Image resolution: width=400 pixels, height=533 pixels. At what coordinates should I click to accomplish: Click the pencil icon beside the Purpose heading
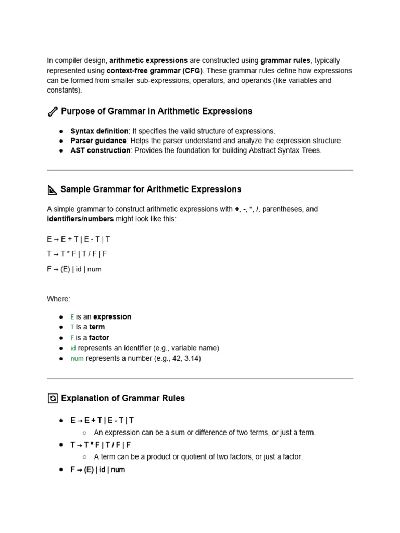[x=53, y=111]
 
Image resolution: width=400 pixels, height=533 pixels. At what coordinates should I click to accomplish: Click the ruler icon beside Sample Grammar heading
[x=52, y=190]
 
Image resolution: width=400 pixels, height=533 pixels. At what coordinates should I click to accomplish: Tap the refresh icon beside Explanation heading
[x=53, y=399]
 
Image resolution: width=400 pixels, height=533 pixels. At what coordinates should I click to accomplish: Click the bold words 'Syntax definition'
[x=99, y=131]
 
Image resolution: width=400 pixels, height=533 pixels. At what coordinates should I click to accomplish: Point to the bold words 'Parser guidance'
[x=98, y=141]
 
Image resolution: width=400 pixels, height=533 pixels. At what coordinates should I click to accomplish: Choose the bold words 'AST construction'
[x=101, y=151]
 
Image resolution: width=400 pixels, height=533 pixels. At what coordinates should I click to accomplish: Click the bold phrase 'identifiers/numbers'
[x=80, y=219]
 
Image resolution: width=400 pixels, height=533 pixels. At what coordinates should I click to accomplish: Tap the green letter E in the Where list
[x=72, y=317]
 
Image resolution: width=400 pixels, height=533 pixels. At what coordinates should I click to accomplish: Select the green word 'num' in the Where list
[x=77, y=359]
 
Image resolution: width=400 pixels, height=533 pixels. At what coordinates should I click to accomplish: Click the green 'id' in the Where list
[x=73, y=348]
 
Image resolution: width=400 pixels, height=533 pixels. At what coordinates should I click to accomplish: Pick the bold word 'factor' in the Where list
[x=99, y=338]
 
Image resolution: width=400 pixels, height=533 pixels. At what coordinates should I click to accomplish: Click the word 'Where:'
[x=58, y=299]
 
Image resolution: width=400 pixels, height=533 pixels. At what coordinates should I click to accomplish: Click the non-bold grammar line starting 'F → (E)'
[x=74, y=269]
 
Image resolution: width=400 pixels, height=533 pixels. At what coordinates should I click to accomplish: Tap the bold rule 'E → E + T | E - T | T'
[x=102, y=420]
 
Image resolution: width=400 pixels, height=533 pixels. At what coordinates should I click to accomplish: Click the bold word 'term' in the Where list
[x=97, y=327]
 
